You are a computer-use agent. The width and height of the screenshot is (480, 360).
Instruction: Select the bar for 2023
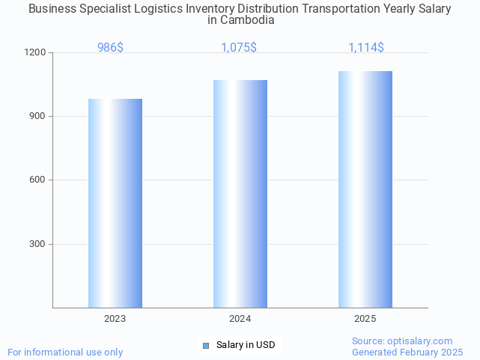(x=115, y=203)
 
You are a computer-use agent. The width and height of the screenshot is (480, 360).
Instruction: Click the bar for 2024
(x=240, y=194)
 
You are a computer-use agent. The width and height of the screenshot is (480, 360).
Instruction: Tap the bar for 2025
(x=365, y=189)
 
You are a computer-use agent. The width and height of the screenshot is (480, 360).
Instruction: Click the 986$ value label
(x=110, y=48)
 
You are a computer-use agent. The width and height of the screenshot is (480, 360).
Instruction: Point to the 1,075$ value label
(x=239, y=48)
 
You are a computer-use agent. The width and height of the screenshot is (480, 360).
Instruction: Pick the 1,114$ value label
(x=365, y=48)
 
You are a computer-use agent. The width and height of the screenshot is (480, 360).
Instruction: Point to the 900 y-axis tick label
(x=37, y=117)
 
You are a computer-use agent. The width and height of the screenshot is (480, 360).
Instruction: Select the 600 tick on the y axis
(x=37, y=180)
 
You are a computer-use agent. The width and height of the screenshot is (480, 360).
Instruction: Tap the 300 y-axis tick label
(x=37, y=244)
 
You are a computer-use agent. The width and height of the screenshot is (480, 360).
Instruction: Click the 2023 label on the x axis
(x=115, y=319)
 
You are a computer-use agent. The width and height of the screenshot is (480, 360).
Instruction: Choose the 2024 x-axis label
(x=240, y=319)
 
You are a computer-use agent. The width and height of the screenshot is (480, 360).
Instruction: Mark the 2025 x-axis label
(x=365, y=319)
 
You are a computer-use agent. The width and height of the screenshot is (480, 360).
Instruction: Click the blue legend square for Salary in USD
(x=207, y=345)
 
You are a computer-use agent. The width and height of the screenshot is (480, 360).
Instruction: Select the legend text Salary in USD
(x=246, y=345)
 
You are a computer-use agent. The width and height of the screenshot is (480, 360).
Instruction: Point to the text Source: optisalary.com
(x=402, y=341)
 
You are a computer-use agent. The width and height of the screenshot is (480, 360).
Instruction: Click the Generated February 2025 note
(x=407, y=353)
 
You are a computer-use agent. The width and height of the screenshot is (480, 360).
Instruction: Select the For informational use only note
(x=65, y=353)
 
